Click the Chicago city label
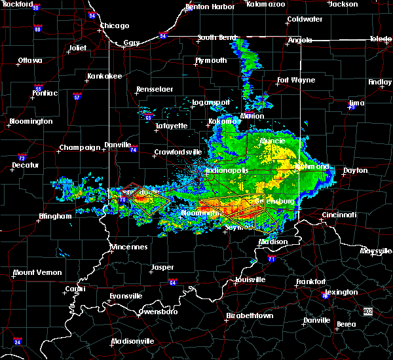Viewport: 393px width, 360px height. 115,26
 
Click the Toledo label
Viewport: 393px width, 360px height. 380,39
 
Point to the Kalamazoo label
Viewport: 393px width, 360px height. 266,4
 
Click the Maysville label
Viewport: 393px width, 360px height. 376,251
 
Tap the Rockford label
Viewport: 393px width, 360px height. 18,4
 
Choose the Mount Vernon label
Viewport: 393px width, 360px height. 37,272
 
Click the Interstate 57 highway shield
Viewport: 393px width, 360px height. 78,97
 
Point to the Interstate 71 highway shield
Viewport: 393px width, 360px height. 271,259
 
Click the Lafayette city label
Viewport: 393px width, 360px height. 171,126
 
